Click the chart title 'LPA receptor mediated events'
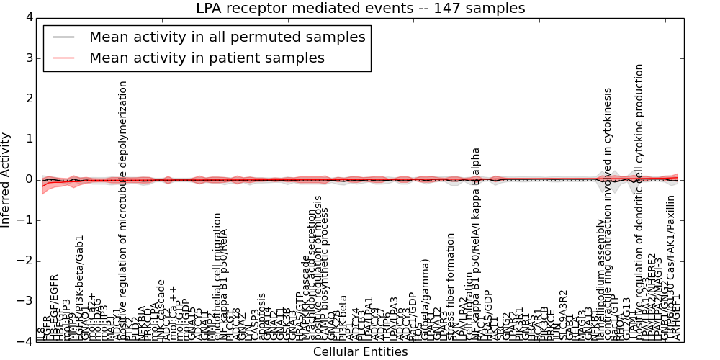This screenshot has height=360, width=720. [x=360, y=9]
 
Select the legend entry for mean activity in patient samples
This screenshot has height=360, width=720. [x=207, y=58]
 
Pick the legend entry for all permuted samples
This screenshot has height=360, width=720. [x=227, y=37]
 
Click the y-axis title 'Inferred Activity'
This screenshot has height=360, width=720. [x=6, y=179]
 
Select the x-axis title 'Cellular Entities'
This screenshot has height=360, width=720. [x=360, y=352]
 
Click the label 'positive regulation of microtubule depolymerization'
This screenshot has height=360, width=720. [x=123, y=209]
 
